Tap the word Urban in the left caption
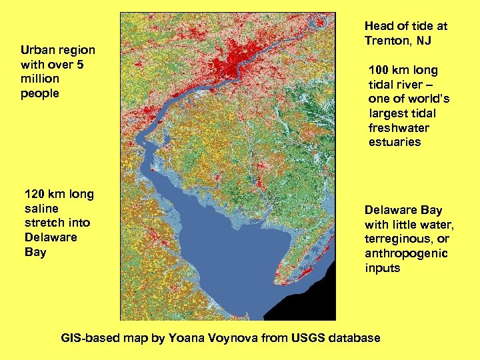[x=37, y=50]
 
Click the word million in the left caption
[x=40, y=79]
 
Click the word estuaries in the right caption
[x=395, y=142]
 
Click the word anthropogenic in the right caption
[x=406, y=254]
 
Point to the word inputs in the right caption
[x=382, y=268]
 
